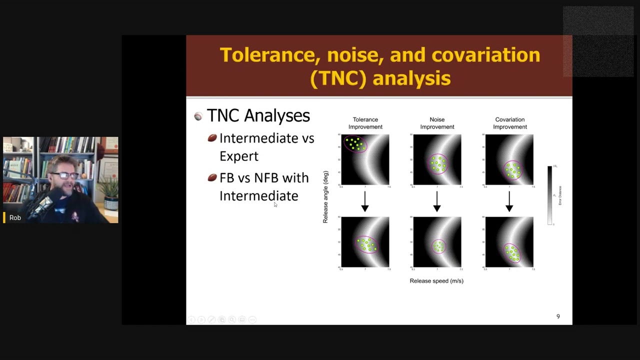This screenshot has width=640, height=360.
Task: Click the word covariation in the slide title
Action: point(485,55)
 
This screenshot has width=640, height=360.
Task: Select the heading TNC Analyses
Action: point(258,115)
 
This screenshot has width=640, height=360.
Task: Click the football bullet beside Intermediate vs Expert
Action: point(212,138)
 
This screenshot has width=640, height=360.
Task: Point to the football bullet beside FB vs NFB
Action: point(212,177)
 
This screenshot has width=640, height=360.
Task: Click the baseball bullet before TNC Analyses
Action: point(198,116)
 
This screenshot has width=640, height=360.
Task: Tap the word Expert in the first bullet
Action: point(239,156)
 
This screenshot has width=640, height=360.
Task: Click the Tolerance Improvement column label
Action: point(365,123)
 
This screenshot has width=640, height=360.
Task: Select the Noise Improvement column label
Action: point(437,123)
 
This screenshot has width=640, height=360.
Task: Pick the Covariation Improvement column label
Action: point(509,123)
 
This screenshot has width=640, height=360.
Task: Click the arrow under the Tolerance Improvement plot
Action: point(365,201)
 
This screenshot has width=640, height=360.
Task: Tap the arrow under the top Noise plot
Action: point(437,201)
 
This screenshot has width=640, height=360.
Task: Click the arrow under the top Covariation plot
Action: point(509,201)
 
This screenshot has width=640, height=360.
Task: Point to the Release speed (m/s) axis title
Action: point(436,281)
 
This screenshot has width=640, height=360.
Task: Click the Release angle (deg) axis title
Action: point(325,197)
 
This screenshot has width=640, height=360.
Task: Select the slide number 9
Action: point(558,316)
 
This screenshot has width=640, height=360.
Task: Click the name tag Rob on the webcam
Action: point(15,217)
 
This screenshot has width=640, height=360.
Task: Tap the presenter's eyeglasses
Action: point(64,175)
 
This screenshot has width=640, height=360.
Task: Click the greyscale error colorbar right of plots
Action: point(549,195)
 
